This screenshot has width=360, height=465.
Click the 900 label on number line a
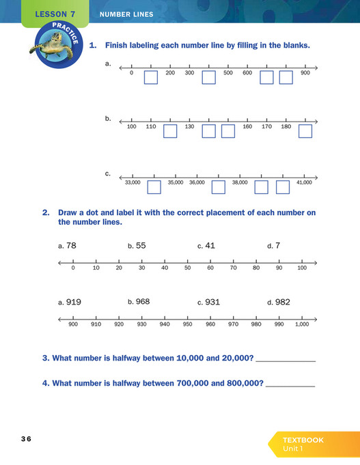pos(305,73)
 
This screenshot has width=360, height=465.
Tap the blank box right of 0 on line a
pos(151,78)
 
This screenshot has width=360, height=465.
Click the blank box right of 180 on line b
pos(305,130)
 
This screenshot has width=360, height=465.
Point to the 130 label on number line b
pos(189,126)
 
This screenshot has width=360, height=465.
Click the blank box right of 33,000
pos(154,186)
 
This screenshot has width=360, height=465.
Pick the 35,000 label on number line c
pos(176,182)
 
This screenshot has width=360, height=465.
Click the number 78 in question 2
pos(71,246)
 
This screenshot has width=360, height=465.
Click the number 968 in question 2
pos(142,302)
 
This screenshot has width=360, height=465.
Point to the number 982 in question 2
pos(282,302)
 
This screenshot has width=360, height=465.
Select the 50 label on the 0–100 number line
pos(187,268)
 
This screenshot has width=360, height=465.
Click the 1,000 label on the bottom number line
pos(301,324)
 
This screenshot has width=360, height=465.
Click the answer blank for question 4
pos(290,383)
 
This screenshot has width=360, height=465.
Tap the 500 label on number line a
pos(228,73)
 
